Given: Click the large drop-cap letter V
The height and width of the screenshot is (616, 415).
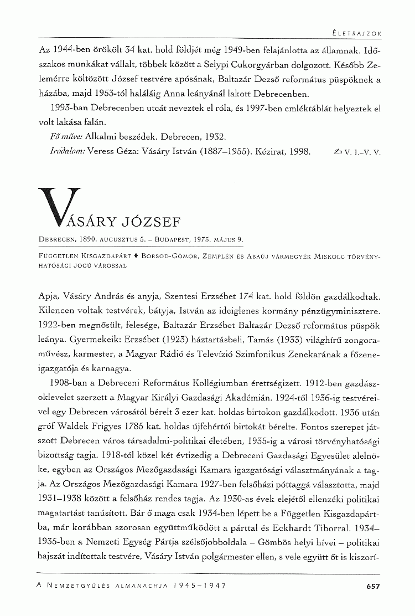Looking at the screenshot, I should point(51,211).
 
